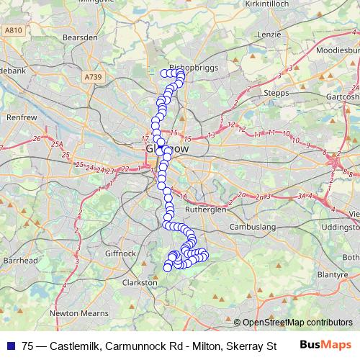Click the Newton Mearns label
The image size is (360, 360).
(x=79, y=314)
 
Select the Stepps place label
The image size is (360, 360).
(x=276, y=93)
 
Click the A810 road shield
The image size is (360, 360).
(x=12, y=30)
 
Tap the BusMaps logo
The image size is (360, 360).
(x=325, y=345)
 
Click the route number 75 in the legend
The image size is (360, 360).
(x=28, y=346)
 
